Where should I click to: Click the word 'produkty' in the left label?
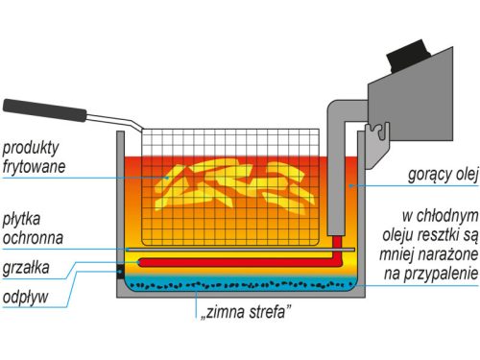[32, 147]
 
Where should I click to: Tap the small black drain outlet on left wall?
[120, 271]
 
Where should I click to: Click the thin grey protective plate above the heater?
[240, 250]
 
